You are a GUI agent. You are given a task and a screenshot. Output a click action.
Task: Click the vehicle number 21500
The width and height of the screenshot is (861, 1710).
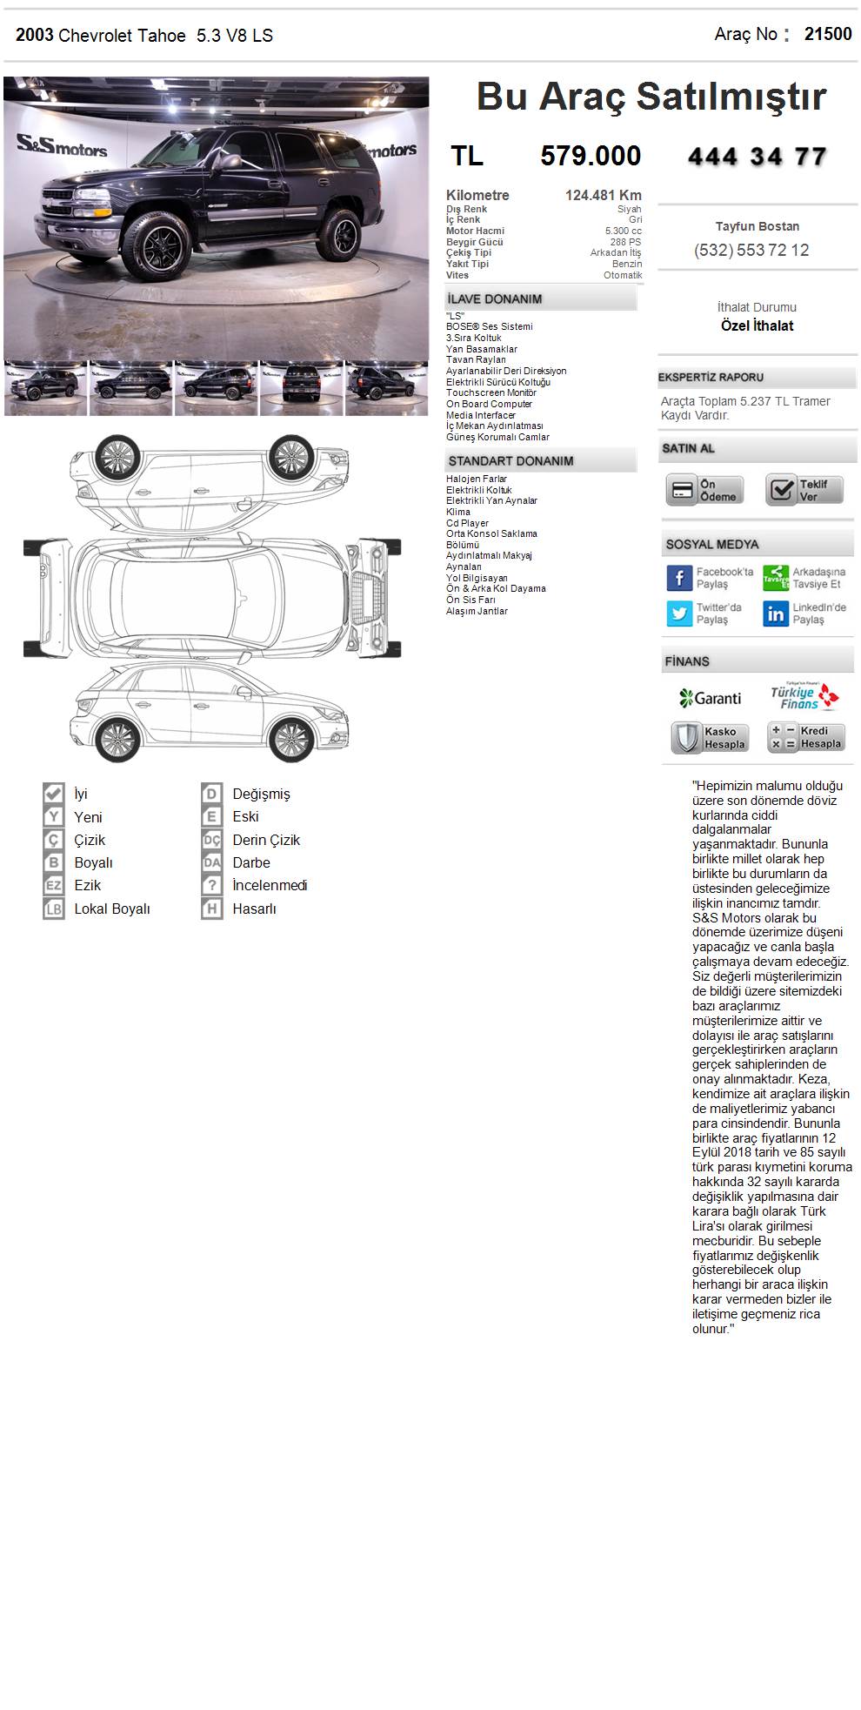[x=827, y=34]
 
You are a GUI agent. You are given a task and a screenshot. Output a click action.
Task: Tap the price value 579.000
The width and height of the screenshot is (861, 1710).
[x=591, y=156]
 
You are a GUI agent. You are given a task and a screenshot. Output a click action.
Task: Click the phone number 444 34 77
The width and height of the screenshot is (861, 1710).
[x=757, y=157]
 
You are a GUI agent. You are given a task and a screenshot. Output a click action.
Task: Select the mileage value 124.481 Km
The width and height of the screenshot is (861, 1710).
[x=603, y=195]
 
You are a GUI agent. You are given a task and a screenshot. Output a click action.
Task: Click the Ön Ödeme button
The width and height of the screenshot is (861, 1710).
[x=705, y=490]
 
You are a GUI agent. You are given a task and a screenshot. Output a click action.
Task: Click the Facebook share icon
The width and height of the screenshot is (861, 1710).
[x=679, y=578]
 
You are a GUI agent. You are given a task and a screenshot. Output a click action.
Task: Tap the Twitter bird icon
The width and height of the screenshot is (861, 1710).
[x=679, y=614]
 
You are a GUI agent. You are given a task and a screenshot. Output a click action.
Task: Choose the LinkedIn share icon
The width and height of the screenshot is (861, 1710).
[x=776, y=614]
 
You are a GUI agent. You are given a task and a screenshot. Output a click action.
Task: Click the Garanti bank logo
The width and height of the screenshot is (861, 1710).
[x=710, y=698]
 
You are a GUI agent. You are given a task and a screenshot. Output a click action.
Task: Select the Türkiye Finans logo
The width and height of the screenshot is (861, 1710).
[x=804, y=696]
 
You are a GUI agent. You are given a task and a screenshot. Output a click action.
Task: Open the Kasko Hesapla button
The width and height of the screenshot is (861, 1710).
[x=710, y=738]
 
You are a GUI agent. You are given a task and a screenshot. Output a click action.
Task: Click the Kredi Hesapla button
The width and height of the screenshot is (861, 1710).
[x=806, y=737]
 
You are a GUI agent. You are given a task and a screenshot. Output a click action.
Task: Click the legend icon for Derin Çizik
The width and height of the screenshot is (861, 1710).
[x=212, y=840]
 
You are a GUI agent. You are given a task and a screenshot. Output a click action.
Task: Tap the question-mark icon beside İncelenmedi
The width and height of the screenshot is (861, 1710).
[x=212, y=885]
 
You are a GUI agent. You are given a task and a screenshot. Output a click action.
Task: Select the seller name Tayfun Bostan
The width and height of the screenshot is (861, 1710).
[x=757, y=226]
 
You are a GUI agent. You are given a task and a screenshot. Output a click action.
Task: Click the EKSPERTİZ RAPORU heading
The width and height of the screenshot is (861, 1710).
[x=711, y=377]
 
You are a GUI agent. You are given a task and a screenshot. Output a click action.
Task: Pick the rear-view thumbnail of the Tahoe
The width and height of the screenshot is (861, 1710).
[x=301, y=387]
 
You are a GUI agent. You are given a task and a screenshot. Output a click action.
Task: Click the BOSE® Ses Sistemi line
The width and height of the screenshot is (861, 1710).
[x=489, y=326]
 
